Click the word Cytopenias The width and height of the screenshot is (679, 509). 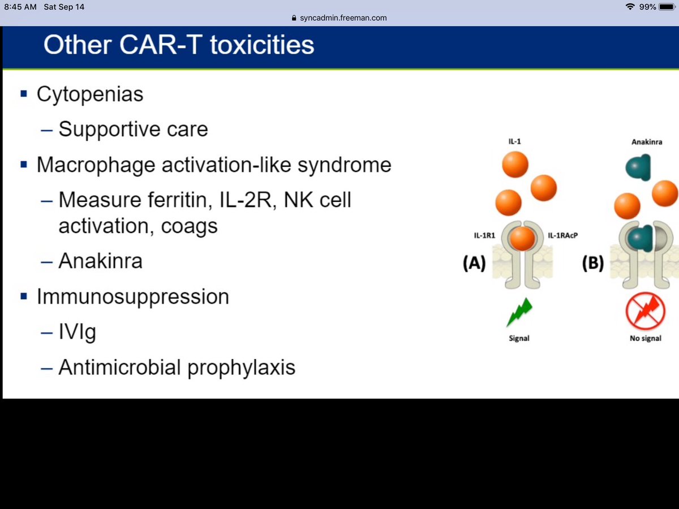point(90,94)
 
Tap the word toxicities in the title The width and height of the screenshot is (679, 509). point(262,45)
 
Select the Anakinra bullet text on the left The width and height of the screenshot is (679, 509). point(101,261)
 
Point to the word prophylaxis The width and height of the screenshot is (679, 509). point(241,368)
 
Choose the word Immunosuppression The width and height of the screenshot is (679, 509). point(133,297)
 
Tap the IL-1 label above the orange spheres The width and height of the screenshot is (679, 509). point(515,141)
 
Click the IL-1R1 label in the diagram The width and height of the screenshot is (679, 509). point(484,235)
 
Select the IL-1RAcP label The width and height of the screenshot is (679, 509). point(562,235)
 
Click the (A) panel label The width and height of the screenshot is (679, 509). point(474,263)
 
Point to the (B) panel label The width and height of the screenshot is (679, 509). point(593,263)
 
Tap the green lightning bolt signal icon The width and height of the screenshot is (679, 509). point(519,312)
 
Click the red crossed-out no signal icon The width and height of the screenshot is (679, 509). point(645,311)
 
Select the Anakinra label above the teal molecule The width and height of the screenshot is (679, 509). point(647,142)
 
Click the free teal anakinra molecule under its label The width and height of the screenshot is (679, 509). point(638,167)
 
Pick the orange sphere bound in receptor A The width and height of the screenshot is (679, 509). point(522,239)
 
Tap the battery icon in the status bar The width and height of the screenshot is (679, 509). point(667,7)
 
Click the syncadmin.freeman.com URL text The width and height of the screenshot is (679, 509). point(343,18)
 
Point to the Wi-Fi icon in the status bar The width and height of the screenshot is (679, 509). point(630,6)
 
